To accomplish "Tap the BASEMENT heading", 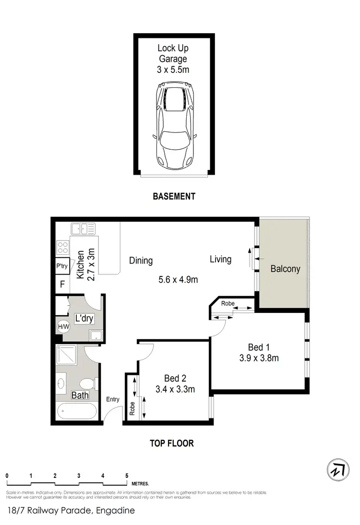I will pos(174,196).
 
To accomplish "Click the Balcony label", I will pos(285,269).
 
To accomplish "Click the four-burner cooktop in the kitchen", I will pos(63,248).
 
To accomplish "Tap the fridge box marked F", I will pos(62,284).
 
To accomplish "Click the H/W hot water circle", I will pos(63,327).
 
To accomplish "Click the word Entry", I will pos(113,399).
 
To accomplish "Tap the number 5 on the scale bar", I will pos(127,476).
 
